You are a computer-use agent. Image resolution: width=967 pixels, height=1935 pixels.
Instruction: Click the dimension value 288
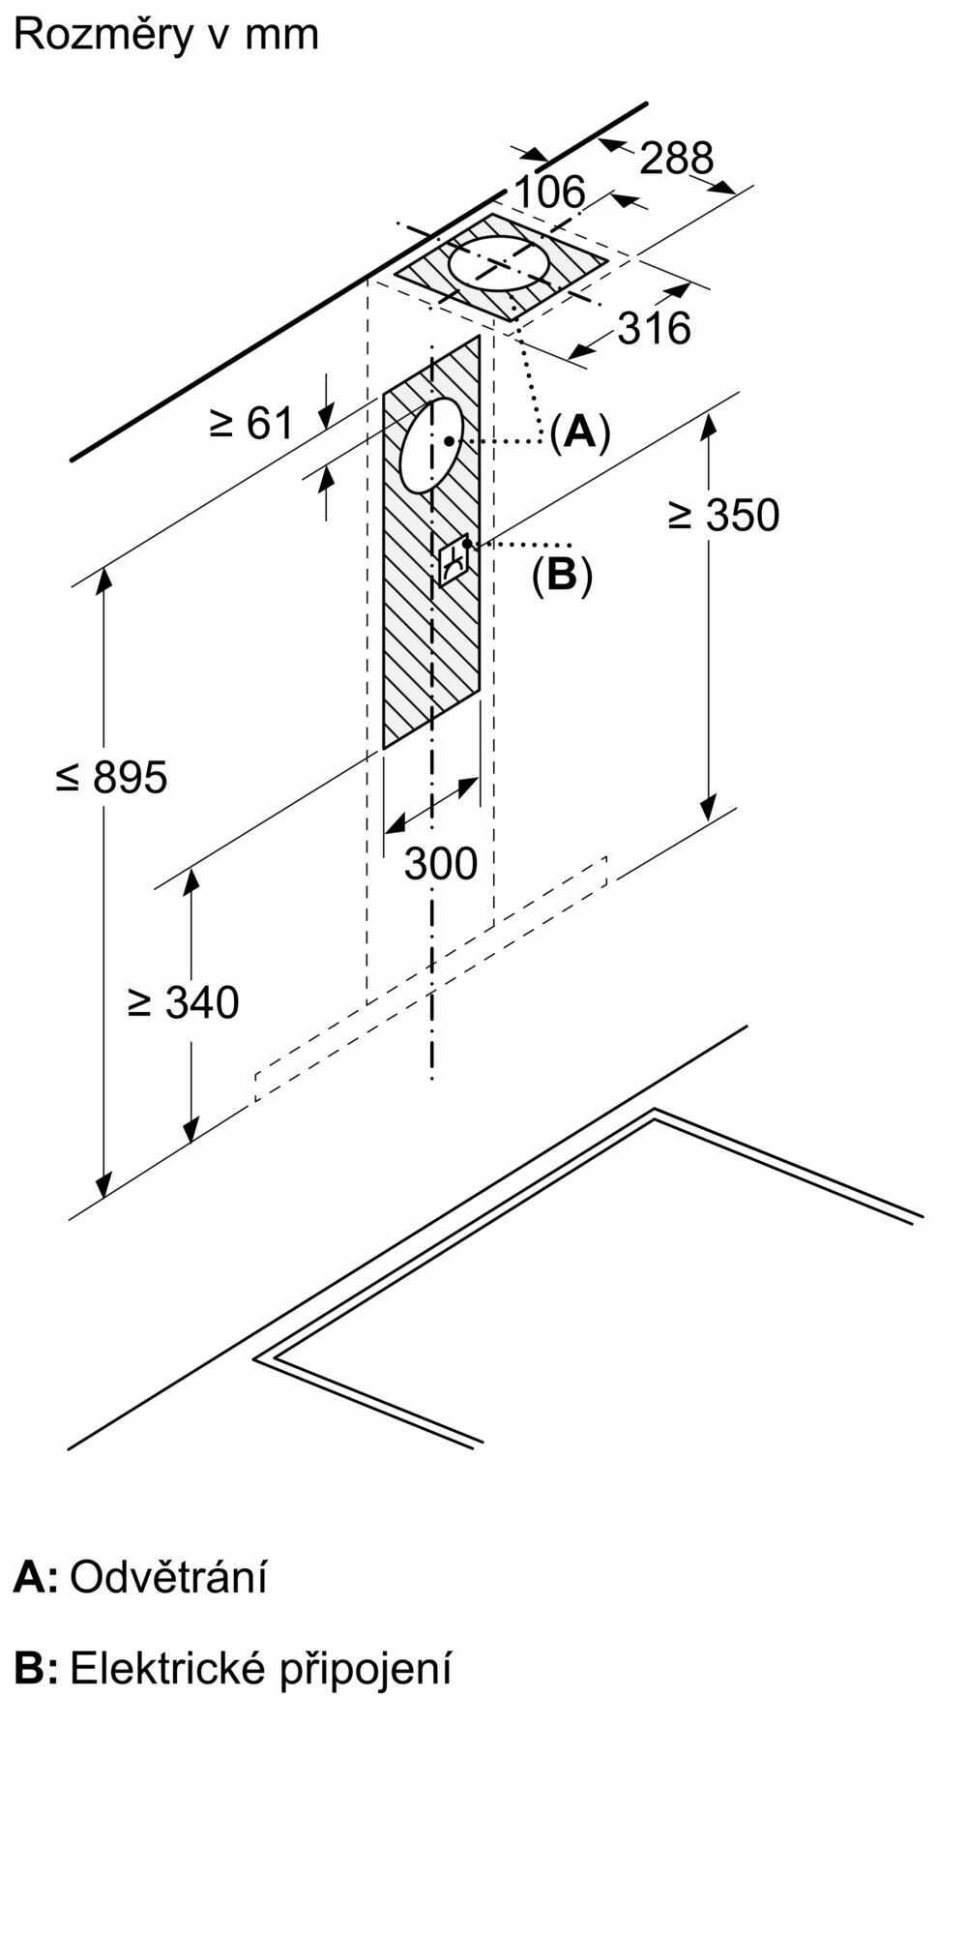(x=676, y=158)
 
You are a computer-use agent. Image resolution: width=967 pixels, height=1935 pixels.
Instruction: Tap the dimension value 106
(x=549, y=193)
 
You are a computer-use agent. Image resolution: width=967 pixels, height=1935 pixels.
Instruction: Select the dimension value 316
(x=655, y=329)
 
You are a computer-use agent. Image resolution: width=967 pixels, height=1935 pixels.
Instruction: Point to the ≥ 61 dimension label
(x=251, y=423)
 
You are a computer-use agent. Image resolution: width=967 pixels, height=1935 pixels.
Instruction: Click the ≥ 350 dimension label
(x=723, y=516)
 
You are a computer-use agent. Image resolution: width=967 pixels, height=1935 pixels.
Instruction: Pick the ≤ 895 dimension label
(x=112, y=777)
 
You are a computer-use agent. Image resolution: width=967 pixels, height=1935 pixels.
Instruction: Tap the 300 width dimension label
(x=441, y=863)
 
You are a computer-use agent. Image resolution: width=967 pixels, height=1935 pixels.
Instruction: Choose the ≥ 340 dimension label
(x=183, y=1002)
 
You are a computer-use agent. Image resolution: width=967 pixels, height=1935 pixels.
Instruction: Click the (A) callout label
(x=580, y=432)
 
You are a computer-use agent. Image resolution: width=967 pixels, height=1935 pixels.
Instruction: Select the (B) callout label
(x=562, y=575)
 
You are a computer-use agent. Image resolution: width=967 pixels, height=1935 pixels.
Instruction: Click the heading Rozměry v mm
(x=166, y=35)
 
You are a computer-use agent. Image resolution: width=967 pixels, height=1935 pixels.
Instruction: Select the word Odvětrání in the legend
(x=168, y=1577)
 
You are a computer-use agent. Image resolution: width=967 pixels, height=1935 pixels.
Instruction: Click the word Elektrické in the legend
(x=165, y=1669)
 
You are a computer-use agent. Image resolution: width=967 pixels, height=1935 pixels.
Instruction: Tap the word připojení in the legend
(x=366, y=1671)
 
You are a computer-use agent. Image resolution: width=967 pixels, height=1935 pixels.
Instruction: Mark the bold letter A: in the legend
(x=35, y=1577)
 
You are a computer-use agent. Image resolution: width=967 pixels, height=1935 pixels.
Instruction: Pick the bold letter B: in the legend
(x=35, y=1669)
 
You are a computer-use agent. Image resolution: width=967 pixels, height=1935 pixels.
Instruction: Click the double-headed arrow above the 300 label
(x=432, y=805)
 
